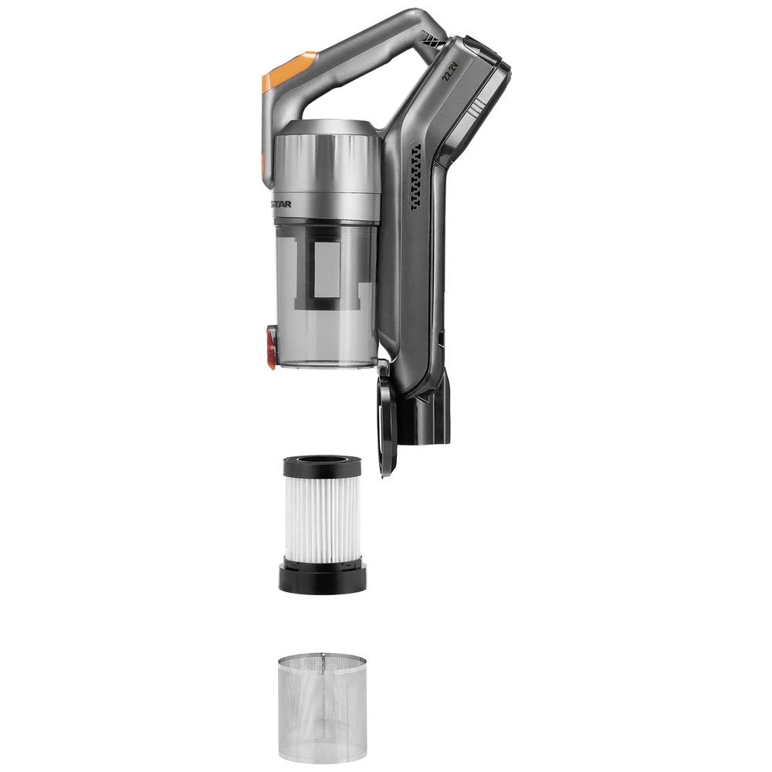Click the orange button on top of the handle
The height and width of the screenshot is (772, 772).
[287, 70]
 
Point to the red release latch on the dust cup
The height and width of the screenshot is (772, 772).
[272, 345]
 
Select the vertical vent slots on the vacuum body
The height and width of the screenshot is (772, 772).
[416, 178]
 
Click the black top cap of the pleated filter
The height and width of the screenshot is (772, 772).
[322, 466]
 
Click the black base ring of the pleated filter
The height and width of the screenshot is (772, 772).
[323, 579]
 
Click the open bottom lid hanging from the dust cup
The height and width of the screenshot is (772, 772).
[387, 421]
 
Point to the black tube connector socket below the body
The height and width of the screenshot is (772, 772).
[425, 417]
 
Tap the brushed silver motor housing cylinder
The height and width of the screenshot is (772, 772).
[327, 166]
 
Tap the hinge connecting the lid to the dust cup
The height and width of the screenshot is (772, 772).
[382, 369]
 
